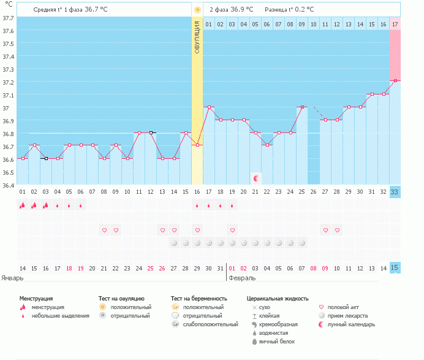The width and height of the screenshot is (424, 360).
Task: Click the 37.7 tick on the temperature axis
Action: point(9,18)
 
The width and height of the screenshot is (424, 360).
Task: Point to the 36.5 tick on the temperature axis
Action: point(9,172)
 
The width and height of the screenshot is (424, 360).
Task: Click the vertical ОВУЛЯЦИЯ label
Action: point(197,37)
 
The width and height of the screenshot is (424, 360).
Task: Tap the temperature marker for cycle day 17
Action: point(209,107)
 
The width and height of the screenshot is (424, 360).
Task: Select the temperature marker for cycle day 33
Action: point(395,80)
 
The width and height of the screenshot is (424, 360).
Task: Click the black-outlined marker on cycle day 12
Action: point(151,132)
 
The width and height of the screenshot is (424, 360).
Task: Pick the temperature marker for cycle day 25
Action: point(302,107)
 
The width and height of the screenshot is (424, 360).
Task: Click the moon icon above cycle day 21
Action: point(256,178)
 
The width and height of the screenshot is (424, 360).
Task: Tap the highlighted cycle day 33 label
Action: point(395,192)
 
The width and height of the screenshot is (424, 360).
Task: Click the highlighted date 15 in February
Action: point(395,268)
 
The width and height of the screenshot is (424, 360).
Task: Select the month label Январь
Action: point(12,278)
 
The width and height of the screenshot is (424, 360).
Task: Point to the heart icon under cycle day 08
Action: point(104,230)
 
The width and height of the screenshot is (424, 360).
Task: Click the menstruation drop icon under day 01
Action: point(23,205)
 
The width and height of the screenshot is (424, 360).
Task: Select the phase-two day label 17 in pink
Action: point(395,24)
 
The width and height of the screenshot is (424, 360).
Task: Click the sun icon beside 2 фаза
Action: point(197,10)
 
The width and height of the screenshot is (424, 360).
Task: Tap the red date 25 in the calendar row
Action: point(151,268)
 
